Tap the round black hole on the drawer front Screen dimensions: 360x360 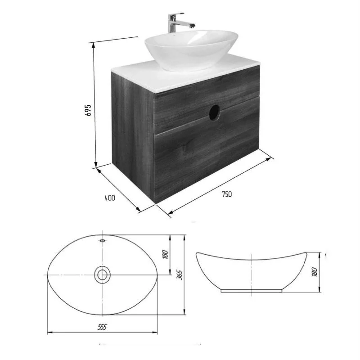point(215,112)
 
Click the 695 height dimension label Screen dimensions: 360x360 point(88,110)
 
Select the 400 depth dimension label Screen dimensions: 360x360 point(110,198)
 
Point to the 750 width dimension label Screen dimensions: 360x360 point(227,194)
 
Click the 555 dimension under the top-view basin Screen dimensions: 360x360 point(102,327)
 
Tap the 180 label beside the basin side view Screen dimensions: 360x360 point(315,272)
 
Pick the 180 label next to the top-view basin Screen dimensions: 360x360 point(165,255)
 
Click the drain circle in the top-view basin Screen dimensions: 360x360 point(102,274)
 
